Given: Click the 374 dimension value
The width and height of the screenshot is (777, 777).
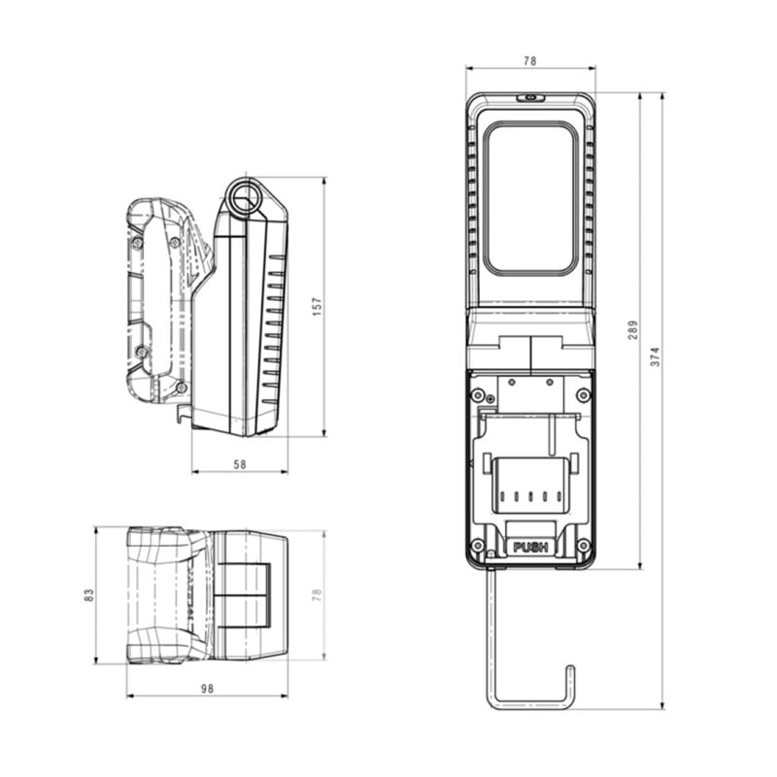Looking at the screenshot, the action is [x=655, y=356].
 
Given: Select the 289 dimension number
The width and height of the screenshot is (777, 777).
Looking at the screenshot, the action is [x=633, y=330].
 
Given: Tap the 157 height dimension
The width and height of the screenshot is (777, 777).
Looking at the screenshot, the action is [x=318, y=307].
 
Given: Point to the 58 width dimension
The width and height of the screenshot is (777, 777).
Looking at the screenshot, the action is [x=240, y=464].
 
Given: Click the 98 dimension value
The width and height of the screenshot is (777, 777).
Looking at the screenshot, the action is [x=207, y=689].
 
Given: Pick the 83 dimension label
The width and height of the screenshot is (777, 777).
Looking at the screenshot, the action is [x=88, y=595].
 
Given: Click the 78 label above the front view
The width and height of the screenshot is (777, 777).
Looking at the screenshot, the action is [x=529, y=61].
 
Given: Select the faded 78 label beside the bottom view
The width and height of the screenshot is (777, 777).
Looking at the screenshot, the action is [x=318, y=595].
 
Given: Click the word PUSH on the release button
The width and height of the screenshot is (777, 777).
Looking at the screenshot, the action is [x=530, y=548].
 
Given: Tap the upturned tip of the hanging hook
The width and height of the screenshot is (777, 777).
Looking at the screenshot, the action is [x=570, y=669].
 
